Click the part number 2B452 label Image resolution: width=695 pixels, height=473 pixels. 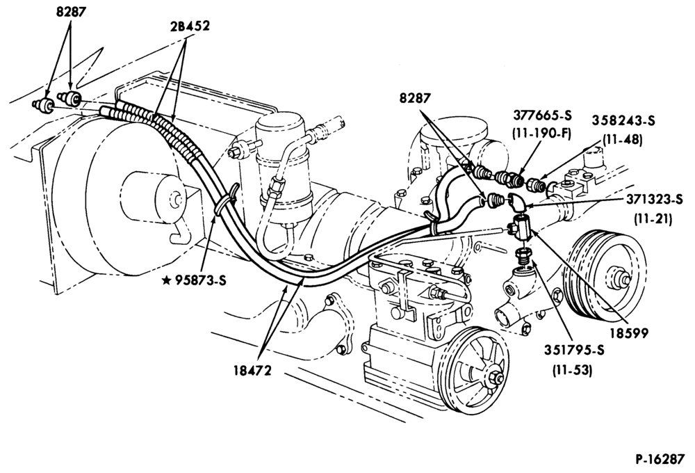pos(189,26)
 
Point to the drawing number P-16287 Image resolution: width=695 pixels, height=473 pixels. pos(660,459)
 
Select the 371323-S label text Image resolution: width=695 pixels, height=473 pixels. pos(654,200)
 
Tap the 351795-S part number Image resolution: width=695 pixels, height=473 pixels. pos(574,350)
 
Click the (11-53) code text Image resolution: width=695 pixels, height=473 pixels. pos(572,369)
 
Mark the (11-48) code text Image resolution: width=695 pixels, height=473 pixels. pos(622,139)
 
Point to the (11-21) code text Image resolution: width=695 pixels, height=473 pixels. pos(653,218)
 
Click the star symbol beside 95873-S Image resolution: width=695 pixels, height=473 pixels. pos(167,280)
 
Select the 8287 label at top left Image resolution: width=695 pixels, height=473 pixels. pos(70,12)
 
